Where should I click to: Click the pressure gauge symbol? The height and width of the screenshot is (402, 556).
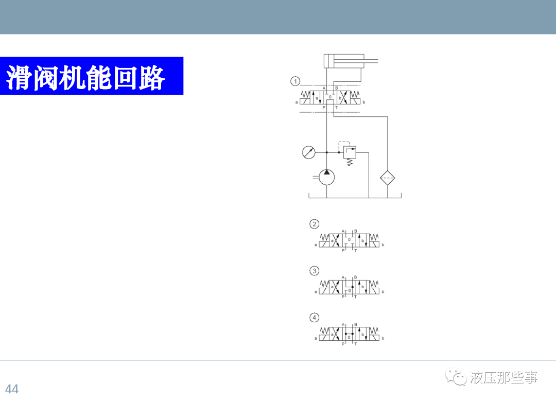click(x=309, y=152)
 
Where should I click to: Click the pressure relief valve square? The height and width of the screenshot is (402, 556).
click(x=350, y=152)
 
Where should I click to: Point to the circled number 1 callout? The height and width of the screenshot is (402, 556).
click(x=295, y=81)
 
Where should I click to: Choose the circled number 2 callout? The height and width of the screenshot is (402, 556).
click(x=314, y=224)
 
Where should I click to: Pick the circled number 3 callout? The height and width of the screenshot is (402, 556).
click(x=314, y=271)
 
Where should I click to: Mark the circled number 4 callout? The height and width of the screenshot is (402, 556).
click(x=314, y=317)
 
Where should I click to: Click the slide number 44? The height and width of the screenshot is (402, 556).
click(x=12, y=389)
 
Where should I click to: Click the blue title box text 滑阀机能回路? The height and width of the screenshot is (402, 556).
click(x=86, y=77)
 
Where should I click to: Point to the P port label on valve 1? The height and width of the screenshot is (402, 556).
click(x=324, y=108)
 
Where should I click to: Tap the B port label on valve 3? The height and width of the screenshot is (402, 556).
click(x=355, y=277)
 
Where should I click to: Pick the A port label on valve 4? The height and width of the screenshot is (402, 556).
click(x=343, y=324)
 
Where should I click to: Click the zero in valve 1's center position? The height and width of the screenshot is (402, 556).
click(x=331, y=97)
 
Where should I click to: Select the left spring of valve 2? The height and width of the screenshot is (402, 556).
click(x=324, y=237)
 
